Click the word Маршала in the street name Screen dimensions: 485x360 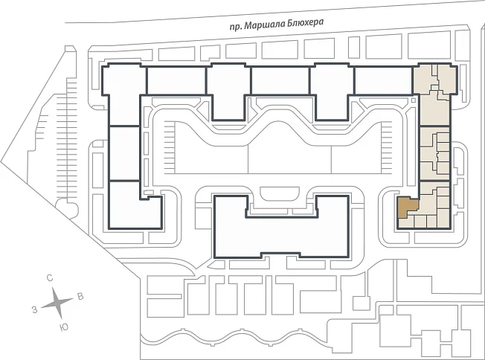point(265,25)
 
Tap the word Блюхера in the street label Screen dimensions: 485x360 point(306,23)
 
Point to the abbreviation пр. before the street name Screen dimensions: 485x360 point(235,27)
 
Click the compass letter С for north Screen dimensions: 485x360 point(50,278)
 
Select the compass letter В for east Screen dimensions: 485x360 point(80,296)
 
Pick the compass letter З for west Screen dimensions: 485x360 point(35,309)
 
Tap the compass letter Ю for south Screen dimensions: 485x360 point(64,327)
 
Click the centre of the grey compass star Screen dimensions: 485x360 point(57,302)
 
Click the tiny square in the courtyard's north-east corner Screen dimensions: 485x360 point(414,100)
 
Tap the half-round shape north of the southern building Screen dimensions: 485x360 point(280,194)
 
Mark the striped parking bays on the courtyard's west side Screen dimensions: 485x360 point(170,147)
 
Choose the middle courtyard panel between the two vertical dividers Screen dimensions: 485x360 point(289,155)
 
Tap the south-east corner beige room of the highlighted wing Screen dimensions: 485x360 point(443,218)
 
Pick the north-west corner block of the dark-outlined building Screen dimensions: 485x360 point(124,80)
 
